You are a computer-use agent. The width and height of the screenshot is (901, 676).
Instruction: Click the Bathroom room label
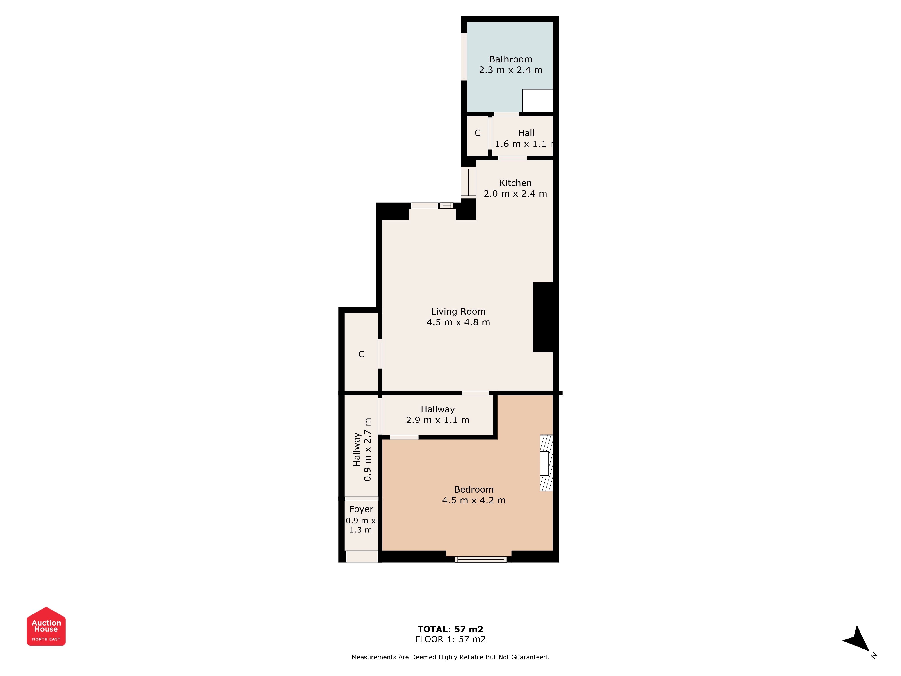[x=510, y=59]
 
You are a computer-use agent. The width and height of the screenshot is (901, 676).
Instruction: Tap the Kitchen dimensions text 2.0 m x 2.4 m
[x=515, y=194]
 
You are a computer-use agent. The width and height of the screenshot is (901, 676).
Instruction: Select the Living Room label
[x=458, y=312]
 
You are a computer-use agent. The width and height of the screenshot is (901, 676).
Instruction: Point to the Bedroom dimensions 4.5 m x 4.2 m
[x=474, y=500]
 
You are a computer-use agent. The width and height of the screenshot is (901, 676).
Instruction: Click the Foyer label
[x=361, y=509]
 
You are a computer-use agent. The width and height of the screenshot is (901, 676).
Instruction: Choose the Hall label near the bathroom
[x=526, y=133]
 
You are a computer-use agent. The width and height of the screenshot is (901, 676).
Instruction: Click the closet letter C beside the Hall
[x=478, y=133]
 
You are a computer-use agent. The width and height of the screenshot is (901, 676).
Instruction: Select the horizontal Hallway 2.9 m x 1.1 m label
[x=437, y=415]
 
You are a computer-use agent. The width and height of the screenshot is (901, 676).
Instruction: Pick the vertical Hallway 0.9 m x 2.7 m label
[x=362, y=450]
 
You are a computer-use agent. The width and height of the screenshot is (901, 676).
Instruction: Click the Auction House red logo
[x=46, y=626]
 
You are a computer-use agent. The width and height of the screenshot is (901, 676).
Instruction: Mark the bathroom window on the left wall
[x=464, y=57]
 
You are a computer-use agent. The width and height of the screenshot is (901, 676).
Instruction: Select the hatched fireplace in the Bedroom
[x=546, y=463]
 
